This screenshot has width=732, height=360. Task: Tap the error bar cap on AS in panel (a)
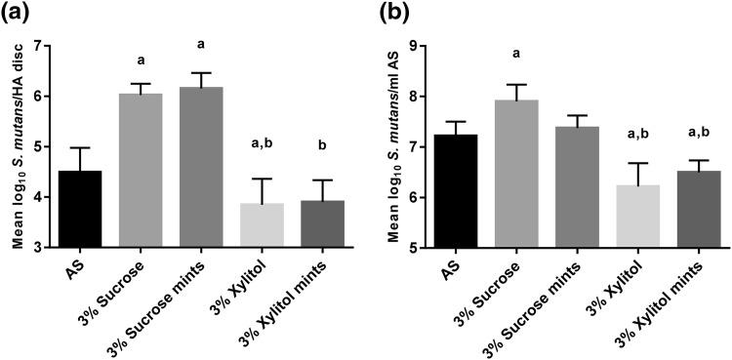(79, 148)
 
